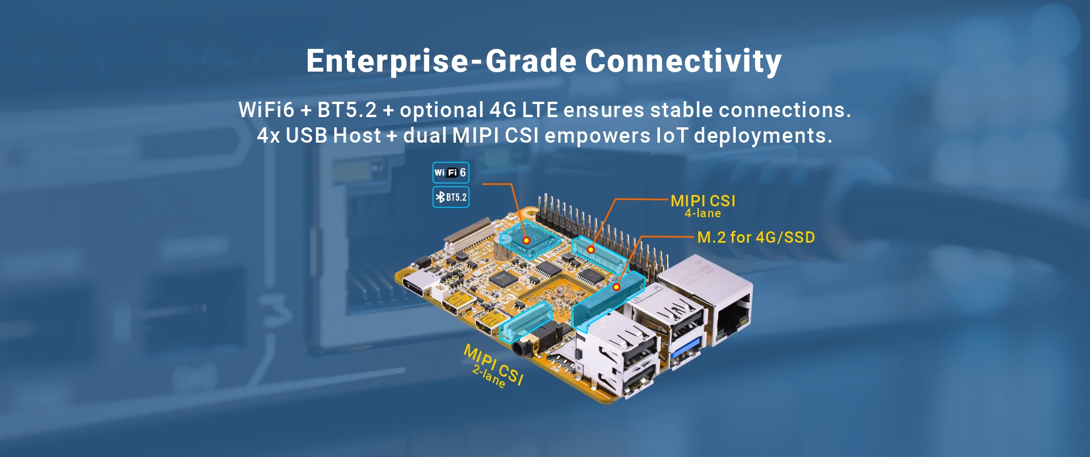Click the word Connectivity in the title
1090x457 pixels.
click(683, 61)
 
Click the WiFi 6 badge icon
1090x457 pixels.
click(451, 172)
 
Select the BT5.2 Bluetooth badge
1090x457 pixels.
click(451, 197)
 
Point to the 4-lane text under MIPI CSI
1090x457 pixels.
click(703, 213)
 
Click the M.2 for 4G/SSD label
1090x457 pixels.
click(756, 237)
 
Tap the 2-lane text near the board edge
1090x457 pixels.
click(489, 376)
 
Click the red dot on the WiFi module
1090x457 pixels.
click(526, 240)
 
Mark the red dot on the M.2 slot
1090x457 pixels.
click(616, 287)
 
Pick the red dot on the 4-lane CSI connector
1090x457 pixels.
click(590, 250)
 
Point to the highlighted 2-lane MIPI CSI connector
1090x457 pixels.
click(526, 321)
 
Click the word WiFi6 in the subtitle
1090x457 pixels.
click(267, 110)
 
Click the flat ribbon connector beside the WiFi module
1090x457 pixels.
click(469, 234)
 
